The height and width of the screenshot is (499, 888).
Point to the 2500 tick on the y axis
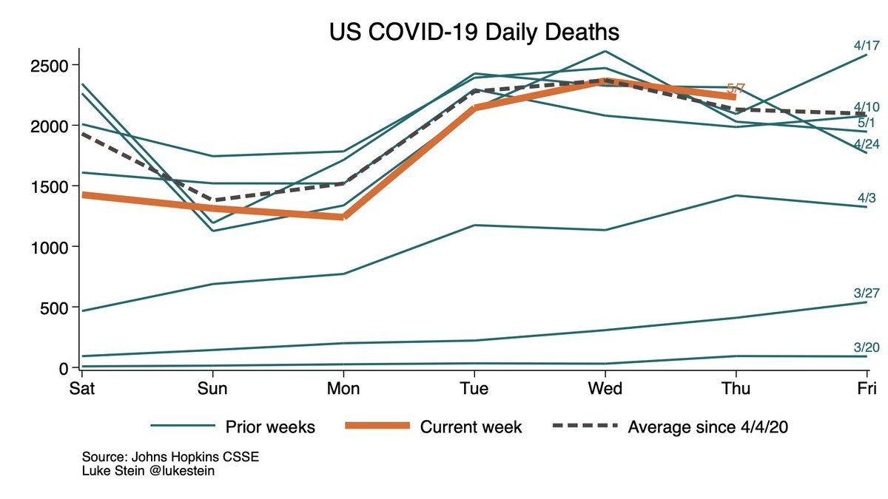click(50, 66)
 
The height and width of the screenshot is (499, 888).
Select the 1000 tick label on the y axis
click(50, 247)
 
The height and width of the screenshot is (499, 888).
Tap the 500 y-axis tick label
click(54, 308)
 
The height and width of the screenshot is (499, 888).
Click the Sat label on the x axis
click(82, 388)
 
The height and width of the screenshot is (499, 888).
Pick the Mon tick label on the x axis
click(344, 388)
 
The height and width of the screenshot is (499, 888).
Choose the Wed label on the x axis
click(606, 388)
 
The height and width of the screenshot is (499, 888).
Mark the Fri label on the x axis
click(867, 388)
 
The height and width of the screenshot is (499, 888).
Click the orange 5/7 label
click(736, 89)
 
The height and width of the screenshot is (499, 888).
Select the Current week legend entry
click(471, 427)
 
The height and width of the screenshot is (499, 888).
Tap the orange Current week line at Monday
click(344, 217)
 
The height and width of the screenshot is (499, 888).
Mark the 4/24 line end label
click(866, 143)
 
